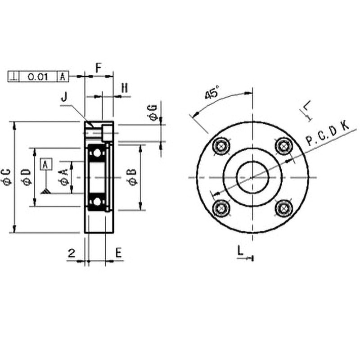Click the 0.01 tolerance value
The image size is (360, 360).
tap(38, 77)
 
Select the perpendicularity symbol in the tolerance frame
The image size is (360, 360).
tap(15, 77)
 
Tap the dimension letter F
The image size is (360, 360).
tap(98, 67)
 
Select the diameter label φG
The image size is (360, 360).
tap(153, 112)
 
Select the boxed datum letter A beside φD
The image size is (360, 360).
tap(45, 164)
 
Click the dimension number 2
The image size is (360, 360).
tap(72, 253)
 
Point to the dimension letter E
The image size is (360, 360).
tap(118, 252)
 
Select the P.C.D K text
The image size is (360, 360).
tap(327, 134)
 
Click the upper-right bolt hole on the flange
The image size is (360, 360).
tap(283, 146)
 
